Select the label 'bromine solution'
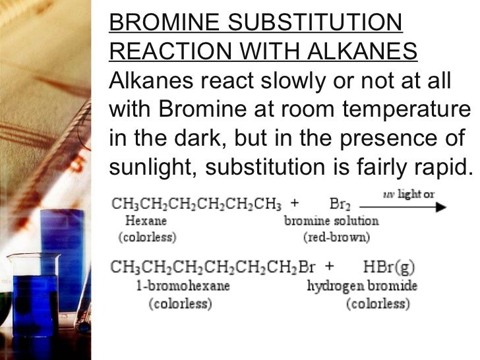pos(331,221)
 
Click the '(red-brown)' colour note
pos(337,236)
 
